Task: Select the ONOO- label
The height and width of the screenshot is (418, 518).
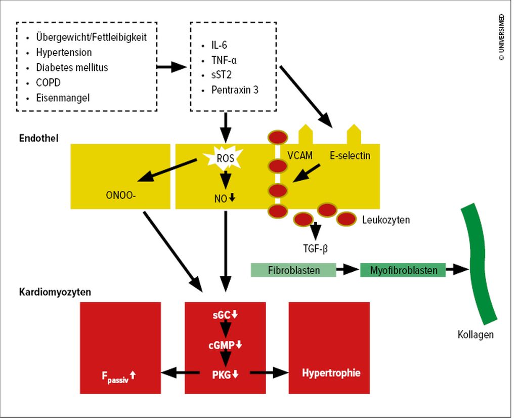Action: [121, 195]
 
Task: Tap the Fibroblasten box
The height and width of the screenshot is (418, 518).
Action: [293, 270]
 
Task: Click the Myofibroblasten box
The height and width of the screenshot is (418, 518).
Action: [403, 270]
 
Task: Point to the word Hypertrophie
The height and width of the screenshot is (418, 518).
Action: [331, 373]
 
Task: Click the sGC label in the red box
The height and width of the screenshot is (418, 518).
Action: [222, 315]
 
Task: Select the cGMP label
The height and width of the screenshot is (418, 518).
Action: [222, 345]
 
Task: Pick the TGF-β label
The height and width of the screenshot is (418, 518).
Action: [316, 248]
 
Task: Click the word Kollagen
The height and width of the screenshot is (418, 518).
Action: [476, 335]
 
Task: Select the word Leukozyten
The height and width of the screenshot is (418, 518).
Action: [386, 220]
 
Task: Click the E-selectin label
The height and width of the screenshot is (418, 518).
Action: [350, 156]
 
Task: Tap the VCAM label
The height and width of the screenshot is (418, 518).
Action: [300, 156]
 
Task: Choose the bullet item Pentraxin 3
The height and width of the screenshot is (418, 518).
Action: [235, 90]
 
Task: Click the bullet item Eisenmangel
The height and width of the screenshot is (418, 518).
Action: [63, 98]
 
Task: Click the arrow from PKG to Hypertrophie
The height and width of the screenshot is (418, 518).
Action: [269, 373]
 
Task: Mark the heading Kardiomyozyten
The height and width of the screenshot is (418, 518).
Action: [55, 292]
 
